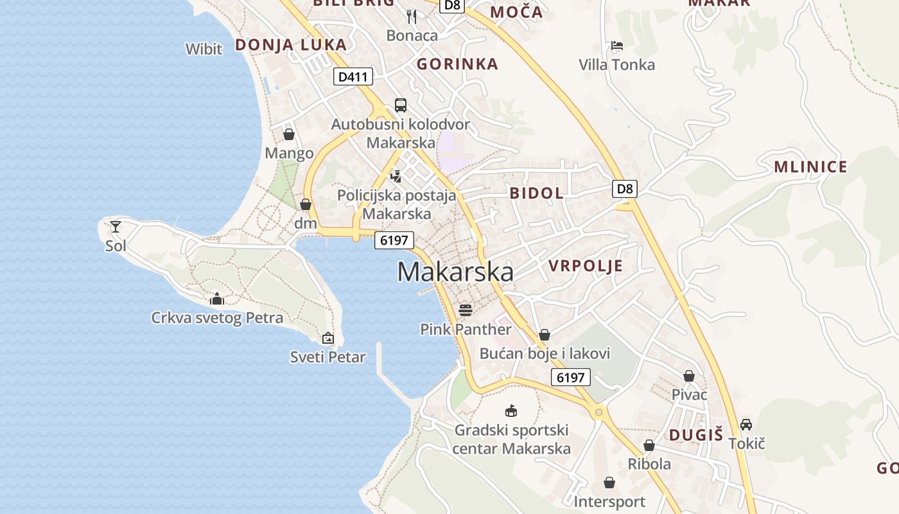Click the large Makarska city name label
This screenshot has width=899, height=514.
coord(455,272)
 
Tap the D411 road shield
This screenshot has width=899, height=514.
coord(353,77)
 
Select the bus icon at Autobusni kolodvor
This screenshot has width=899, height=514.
coord(401,105)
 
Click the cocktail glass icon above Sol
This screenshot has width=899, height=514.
coord(116,226)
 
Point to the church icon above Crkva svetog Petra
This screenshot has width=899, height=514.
coord(217,299)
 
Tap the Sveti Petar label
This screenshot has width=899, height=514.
coord(327,357)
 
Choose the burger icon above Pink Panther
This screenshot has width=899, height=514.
coord(466,311)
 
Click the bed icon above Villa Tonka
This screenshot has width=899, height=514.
coord(617,46)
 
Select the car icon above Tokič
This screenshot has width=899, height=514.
coord(746,425)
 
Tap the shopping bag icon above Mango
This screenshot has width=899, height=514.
coord(289,134)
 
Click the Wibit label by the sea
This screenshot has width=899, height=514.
coord(204,49)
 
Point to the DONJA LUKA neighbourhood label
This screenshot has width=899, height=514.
coord(291,45)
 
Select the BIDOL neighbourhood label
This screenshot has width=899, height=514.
coord(537,193)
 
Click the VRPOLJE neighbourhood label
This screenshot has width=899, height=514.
coord(586,266)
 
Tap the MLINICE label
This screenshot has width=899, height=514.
coord(810,168)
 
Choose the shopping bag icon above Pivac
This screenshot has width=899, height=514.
coord(689,376)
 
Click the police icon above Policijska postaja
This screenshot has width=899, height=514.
coord(396,176)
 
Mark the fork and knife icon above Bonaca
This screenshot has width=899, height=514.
coord(412,17)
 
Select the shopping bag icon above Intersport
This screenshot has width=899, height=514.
coord(609,483)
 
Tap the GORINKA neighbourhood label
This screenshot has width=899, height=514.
coord(457,64)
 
